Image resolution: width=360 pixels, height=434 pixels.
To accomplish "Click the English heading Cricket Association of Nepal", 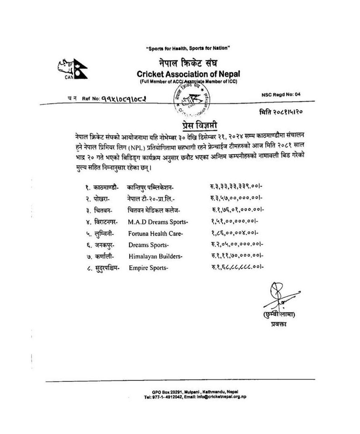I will [188, 74].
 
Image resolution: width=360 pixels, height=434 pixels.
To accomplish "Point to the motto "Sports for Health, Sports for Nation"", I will [188, 49].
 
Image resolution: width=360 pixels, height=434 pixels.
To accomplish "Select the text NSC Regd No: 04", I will [281, 94].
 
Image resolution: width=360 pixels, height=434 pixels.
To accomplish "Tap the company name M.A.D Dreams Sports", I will [158, 222].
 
